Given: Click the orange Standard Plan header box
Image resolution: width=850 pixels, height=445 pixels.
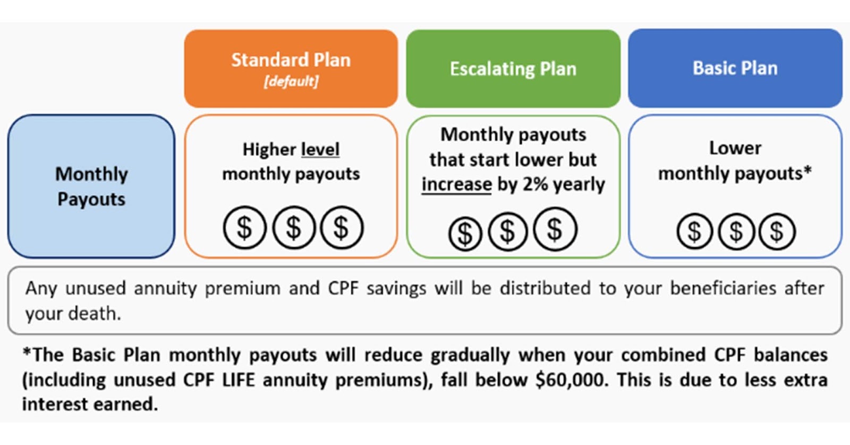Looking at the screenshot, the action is [291, 69].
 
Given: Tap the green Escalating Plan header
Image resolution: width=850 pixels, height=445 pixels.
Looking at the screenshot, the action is [513, 69].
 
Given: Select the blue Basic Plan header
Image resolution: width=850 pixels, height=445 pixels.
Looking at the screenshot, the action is [735, 69].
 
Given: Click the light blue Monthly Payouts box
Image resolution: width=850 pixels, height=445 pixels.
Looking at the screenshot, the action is [91, 187].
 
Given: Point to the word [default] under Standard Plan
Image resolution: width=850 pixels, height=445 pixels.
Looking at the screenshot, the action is [291, 81].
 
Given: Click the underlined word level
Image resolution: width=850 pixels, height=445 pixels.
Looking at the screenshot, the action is [320, 149].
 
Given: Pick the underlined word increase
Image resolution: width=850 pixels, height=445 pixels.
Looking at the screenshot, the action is [456, 184].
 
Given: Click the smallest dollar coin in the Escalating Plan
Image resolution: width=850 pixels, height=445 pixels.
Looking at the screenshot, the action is [465, 233].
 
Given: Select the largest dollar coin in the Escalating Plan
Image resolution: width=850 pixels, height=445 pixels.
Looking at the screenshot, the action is [555, 229].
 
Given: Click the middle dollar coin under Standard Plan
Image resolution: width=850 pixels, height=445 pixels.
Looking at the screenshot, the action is [294, 228].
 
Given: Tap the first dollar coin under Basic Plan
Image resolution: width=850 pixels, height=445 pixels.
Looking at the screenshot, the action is [694, 231].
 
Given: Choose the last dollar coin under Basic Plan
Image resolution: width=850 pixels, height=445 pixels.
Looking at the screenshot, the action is [777, 231].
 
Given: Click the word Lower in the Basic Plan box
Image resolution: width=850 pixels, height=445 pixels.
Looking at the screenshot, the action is [735, 148].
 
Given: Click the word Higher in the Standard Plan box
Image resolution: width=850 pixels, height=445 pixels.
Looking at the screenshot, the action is [269, 149].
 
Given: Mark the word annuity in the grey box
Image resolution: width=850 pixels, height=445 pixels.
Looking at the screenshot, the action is [165, 289].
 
